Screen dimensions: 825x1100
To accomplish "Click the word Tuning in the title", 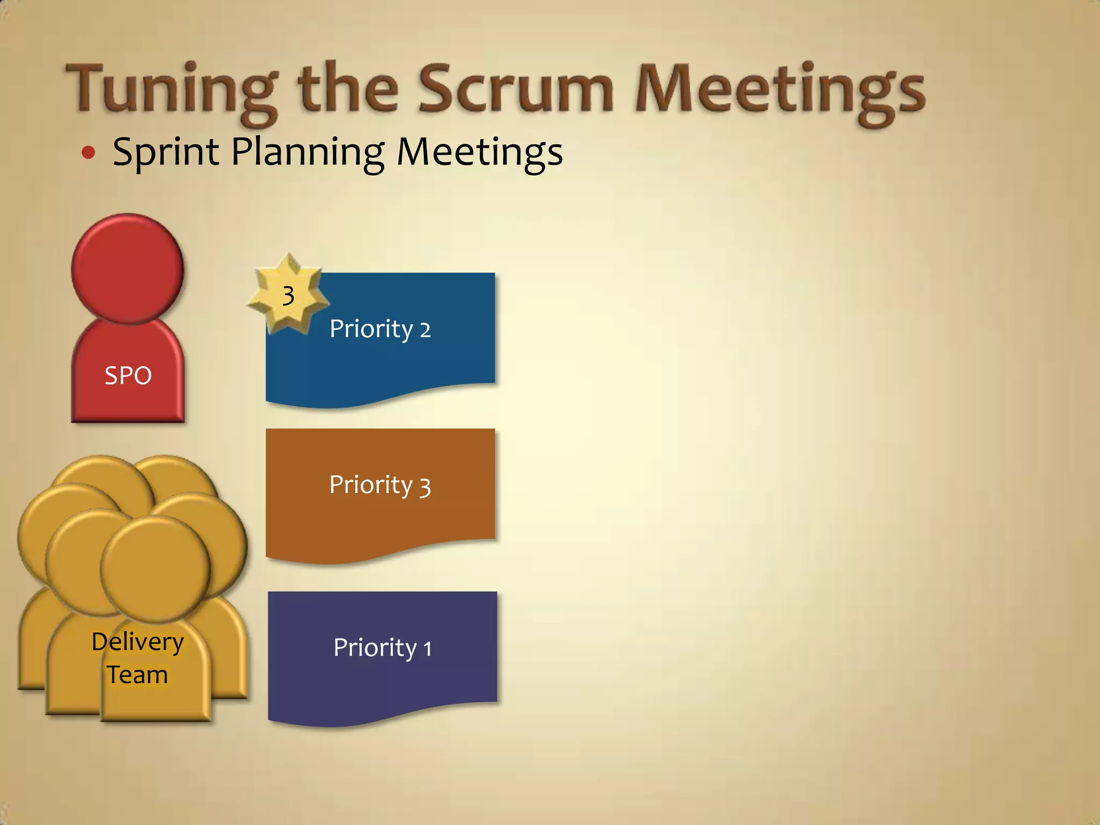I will pos(172,89).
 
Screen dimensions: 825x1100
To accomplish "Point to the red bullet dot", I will pos(89,153).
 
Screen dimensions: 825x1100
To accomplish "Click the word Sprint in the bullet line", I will pos(167,152).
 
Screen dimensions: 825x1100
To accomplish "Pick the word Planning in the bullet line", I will pos(308,152).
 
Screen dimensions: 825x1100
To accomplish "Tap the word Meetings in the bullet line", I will pos(480,152).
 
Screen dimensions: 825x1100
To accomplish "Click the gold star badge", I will pos(288,295).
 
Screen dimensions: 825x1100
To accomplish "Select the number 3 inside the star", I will pos(288,296).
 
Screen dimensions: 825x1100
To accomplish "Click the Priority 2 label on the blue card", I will pos(380,329).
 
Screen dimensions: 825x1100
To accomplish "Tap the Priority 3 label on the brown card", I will pos(380,485).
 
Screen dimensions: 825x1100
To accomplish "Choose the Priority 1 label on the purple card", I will pos(382,648).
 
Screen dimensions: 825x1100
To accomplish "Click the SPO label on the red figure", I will pos(128,375).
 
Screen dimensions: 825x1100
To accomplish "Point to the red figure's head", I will pos(128,269).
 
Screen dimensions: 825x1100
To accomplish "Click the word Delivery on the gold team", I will pos(137,642).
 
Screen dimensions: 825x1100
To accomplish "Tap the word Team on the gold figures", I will pos(137,675).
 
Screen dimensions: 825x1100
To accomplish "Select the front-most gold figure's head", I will pos(155,568).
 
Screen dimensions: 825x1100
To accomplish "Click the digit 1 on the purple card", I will pos(428,649).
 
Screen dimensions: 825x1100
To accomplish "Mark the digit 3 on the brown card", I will pos(425,487).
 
